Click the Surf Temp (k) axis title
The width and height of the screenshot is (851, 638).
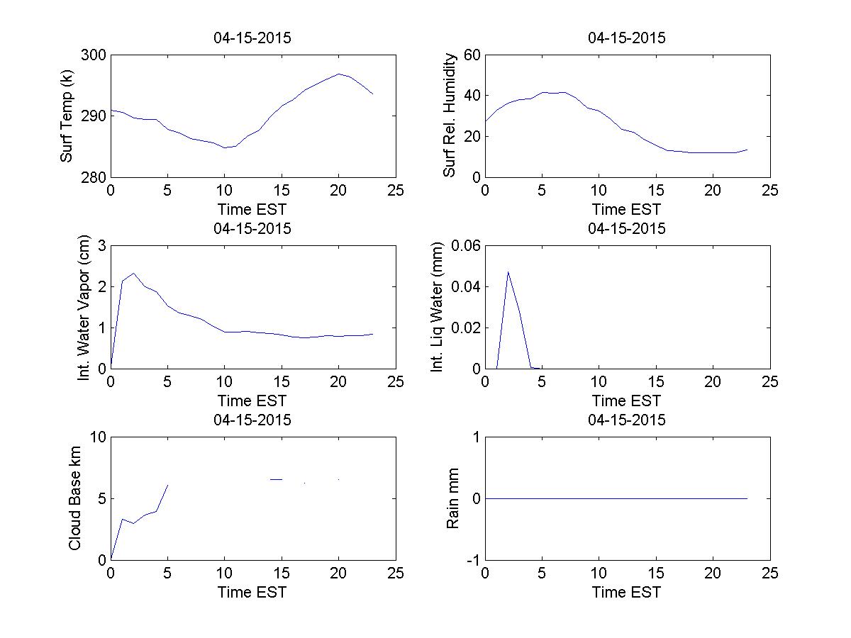pos(67,116)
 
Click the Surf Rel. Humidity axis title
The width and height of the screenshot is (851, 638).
pos(449,116)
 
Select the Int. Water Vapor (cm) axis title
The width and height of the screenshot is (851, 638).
pos(84,307)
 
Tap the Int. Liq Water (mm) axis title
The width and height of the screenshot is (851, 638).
pos(438,307)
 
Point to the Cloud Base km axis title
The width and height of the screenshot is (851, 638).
pos(74,498)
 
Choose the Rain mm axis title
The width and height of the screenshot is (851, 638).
pos(452,498)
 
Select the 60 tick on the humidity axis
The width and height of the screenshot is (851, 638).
pos(472,55)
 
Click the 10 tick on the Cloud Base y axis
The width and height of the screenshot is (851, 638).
pos(98,437)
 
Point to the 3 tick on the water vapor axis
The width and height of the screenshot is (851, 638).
pos(101,246)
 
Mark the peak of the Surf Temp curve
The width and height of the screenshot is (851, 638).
pos(339,74)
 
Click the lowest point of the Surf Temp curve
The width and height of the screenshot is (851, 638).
pos(225,147)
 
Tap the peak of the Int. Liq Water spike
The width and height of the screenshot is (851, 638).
pos(508,272)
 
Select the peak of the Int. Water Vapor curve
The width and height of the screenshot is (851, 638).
pos(133,273)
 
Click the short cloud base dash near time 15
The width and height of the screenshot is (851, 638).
pos(277,479)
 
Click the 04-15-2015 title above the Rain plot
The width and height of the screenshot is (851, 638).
pos(627,420)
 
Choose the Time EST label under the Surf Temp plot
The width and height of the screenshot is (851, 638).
pos(252,209)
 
